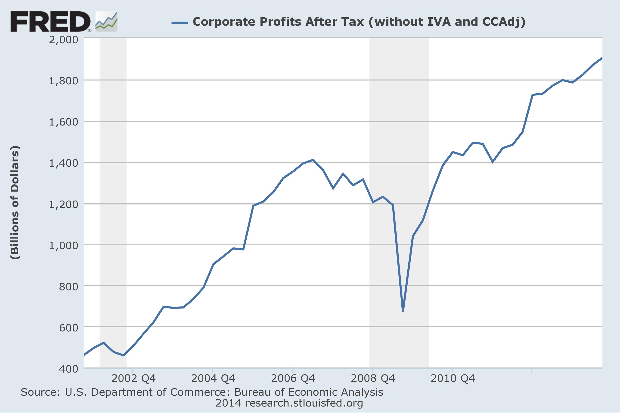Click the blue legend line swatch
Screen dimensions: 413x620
180,23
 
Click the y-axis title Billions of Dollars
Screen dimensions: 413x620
15,202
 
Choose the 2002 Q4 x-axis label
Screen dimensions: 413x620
133,379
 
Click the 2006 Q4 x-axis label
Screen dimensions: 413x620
293,379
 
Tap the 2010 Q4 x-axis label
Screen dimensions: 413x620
453,379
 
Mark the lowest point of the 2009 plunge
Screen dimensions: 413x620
403,311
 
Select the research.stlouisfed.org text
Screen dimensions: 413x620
304,403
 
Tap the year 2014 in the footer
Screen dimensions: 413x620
228,403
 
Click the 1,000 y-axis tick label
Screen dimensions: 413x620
64,245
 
